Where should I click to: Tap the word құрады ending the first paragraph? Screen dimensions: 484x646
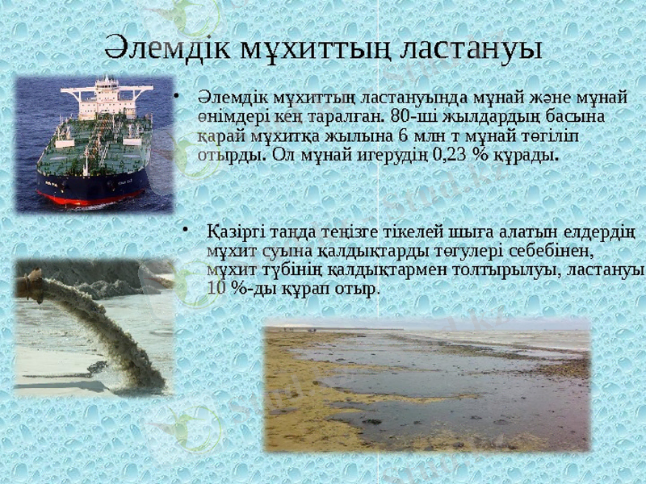pyautogui.click(x=530, y=153)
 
